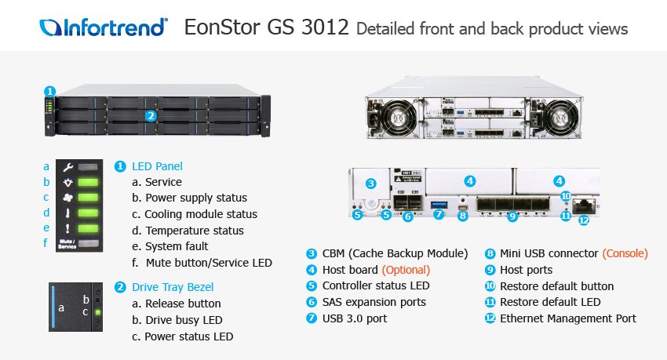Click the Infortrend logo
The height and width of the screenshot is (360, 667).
(x=104, y=27)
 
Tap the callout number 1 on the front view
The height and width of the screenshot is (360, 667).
(x=49, y=91)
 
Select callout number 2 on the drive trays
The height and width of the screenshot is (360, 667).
(x=151, y=115)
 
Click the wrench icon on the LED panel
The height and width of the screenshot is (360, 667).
(x=67, y=167)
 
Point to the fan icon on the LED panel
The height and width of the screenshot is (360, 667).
(x=67, y=198)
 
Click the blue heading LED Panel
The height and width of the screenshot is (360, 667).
(x=157, y=166)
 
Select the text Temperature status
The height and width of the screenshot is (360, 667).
(x=195, y=231)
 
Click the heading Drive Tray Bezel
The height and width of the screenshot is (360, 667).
(x=173, y=287)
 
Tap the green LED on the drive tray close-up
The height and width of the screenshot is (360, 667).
(x=98, y=312)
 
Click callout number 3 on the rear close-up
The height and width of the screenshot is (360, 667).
(x=371, y=184)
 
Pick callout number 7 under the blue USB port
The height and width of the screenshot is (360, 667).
(x=439, y=214)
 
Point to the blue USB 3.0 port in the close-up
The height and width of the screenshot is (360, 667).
(x=439, y=205)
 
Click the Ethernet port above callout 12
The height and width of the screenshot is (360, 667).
(x=584, y=205)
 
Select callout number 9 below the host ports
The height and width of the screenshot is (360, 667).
(x=512, y=216)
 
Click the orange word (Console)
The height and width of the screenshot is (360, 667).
(x=625, y=253)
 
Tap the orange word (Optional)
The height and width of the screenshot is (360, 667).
(x=406, y=270)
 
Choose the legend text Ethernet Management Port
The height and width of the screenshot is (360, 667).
(x=568, y=318)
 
